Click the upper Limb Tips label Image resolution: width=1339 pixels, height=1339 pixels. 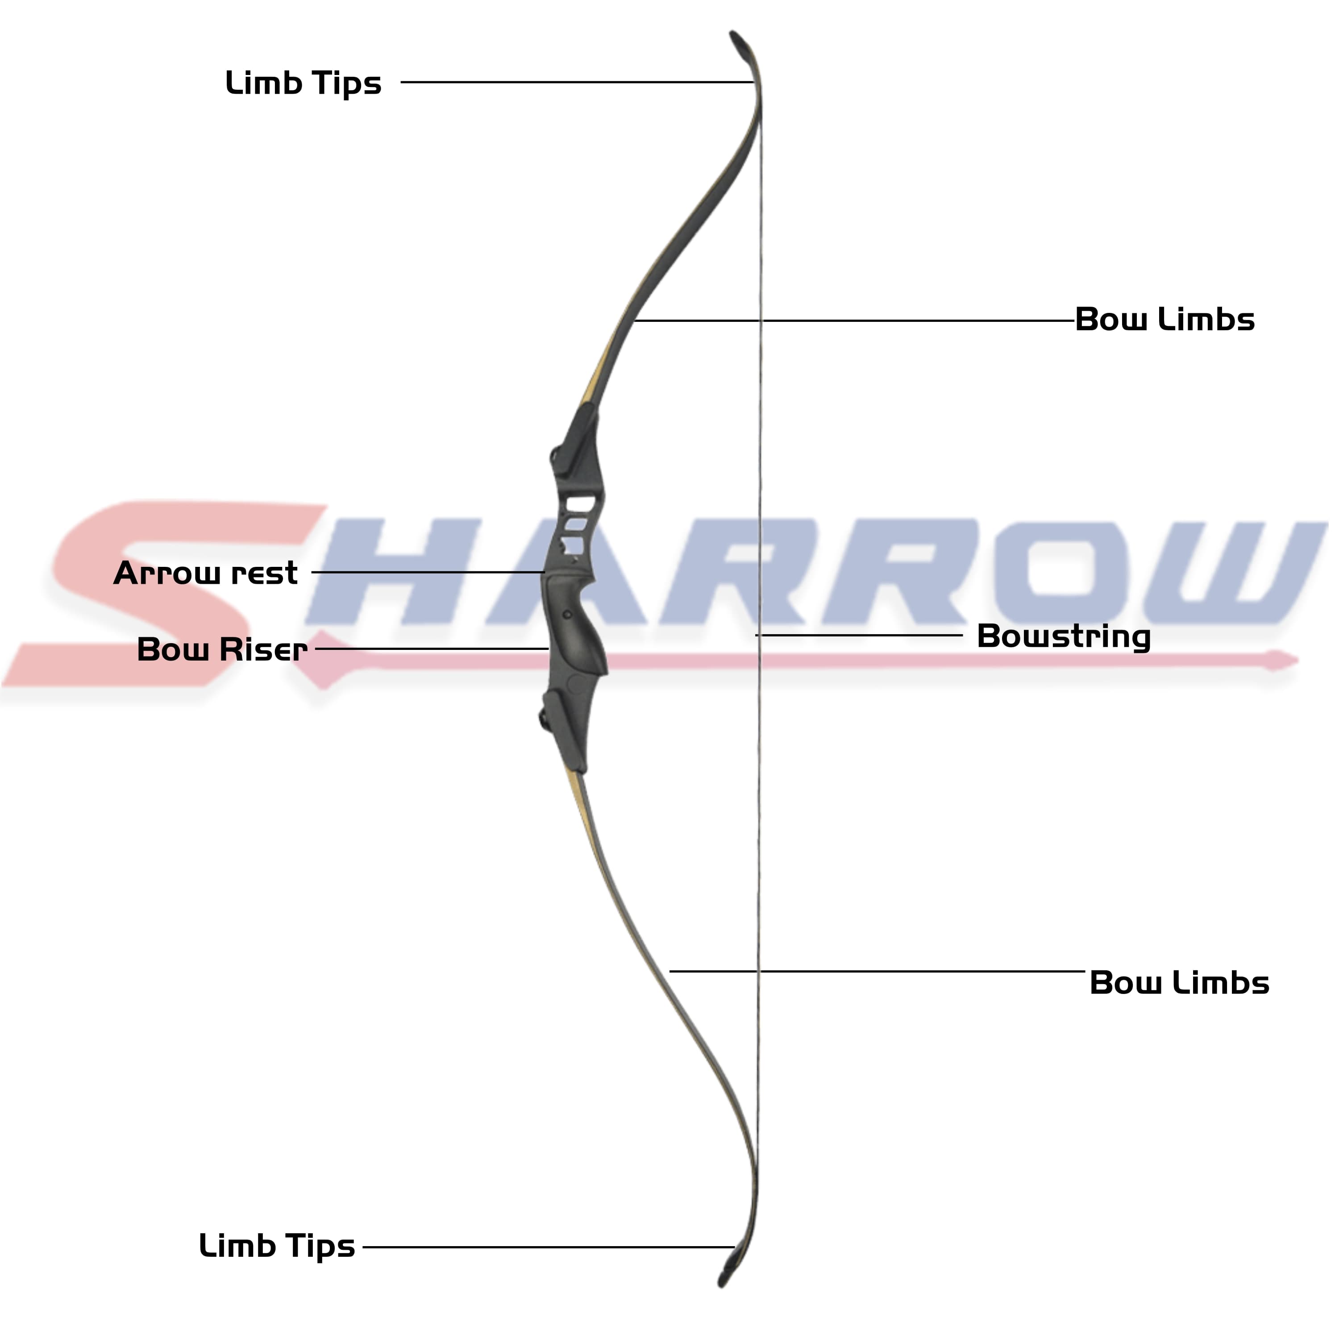coord(304,84)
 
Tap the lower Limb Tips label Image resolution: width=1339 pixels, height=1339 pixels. coord(277,1247)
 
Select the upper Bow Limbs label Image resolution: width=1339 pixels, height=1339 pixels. coord(1164,320)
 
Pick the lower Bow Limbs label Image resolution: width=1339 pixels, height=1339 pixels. coord(1179,983)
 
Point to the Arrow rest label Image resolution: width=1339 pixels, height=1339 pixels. coord(206,573)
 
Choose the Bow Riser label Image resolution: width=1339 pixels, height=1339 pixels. coord(222,649)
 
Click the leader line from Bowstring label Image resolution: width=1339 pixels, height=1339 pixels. coord(859,635)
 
